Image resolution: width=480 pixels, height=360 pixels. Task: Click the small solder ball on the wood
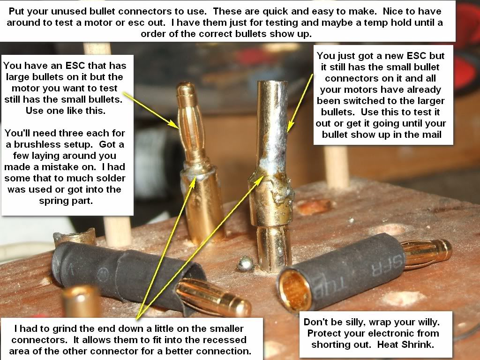pyautogui.click(x=246, y=263)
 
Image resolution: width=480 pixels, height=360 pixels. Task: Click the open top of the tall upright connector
pyautogui.click(x=272, y=82)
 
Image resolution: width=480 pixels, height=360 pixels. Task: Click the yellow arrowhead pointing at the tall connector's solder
pyautogui.click(x=290, y=127)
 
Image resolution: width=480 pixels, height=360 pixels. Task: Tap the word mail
pyautogui.click(x=431, y=135)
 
